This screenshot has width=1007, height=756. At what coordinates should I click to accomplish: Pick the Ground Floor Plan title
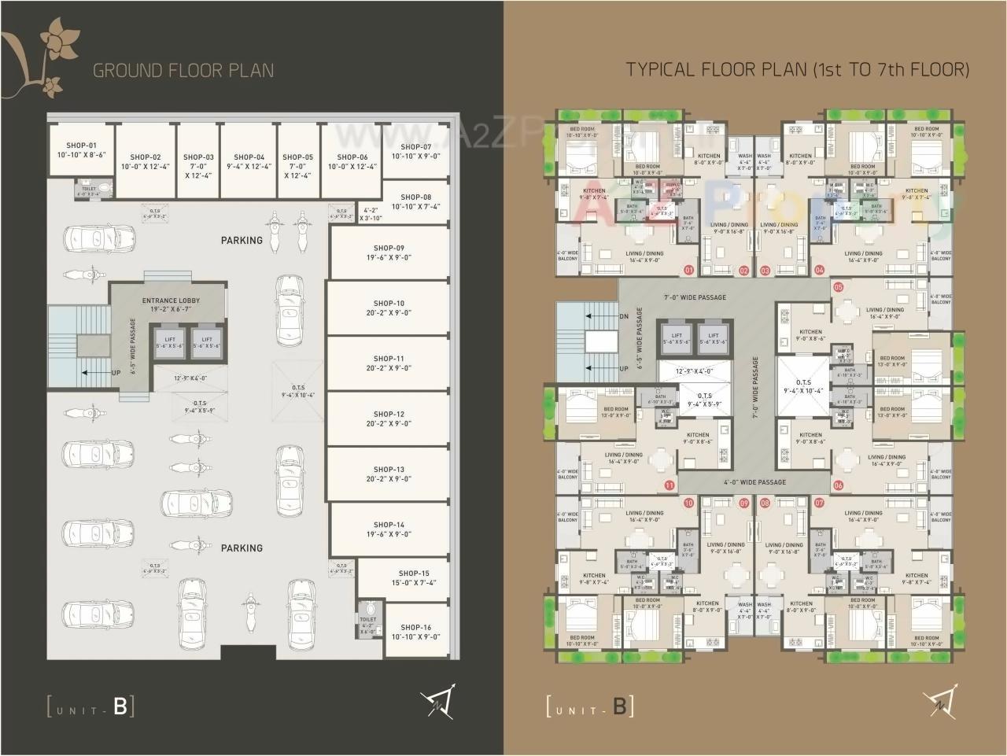pos(183,70)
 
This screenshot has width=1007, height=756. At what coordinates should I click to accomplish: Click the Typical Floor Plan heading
pos(797,69)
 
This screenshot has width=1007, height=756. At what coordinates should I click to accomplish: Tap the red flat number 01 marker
pos(689,270)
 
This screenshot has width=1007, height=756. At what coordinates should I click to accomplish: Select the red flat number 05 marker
pos(839,287)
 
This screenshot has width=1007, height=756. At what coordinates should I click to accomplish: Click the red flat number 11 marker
pos(669,485)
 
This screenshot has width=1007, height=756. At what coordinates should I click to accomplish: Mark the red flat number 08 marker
pos(765,503)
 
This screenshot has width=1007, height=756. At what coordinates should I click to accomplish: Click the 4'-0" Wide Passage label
pos(754,482)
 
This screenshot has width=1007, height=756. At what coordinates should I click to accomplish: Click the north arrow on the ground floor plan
pos(437,702)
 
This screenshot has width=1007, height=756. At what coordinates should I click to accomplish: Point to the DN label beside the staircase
pos(624,316)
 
